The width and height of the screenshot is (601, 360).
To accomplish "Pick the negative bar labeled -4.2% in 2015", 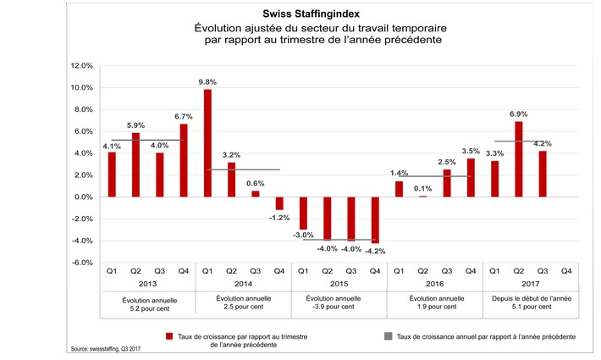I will point(375,219).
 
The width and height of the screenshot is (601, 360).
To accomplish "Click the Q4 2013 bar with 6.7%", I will point(183,160).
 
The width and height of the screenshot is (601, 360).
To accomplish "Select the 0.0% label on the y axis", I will point(81,197).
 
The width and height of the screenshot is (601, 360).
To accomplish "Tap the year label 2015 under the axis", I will point(339,285).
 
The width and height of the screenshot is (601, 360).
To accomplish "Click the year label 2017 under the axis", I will point(530,285).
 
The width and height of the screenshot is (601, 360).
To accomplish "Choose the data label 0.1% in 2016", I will point(423,188).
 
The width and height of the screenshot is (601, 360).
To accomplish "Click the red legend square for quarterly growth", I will point(169,335).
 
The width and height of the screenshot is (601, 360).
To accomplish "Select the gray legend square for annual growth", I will point(388,335).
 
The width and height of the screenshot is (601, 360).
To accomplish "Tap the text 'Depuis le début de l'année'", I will point(530,299).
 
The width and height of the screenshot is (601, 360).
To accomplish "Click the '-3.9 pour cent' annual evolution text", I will point(339,308).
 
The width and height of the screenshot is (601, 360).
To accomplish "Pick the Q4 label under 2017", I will point(566,271).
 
